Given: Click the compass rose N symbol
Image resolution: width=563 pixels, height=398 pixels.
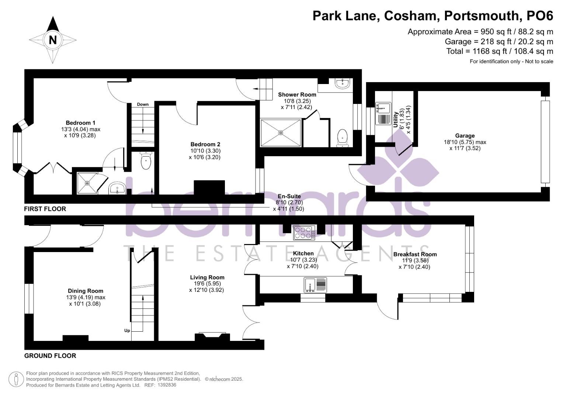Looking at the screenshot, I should [x=53, y=40].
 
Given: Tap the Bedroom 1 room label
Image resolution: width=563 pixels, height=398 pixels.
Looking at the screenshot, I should [x=80, y=123].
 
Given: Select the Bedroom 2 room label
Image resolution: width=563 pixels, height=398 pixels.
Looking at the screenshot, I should [x=205, y=144].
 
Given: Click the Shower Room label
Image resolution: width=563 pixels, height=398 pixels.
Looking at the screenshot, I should [x=297, y=95].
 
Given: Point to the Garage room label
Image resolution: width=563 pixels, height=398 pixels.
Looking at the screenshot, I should [x=465, y=136].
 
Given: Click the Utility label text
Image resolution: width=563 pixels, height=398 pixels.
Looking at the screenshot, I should [x=396, y=120].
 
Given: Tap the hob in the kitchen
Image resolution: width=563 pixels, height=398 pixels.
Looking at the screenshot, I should [x=304, y=233].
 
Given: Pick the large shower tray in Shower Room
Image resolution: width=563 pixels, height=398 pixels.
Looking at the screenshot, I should [x=281, y=132].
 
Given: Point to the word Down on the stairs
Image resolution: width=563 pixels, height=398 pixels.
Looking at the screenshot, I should [x=143, y=104].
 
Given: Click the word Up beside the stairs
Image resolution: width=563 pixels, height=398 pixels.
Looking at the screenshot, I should [x=127, y=331].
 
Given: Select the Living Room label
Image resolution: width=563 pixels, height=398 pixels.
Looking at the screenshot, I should [x=207, y=277].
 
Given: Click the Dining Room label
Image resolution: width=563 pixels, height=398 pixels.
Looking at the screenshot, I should [x=86, y=291].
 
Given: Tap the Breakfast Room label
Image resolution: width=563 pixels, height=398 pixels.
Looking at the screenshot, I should [x=415, y=254].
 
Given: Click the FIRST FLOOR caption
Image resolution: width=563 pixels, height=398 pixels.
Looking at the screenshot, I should [x=45, y=209].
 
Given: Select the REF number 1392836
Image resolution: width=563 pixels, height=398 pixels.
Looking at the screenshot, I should [x=167, y=385].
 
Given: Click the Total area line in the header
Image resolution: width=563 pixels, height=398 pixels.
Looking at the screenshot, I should [x=500, y=51].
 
